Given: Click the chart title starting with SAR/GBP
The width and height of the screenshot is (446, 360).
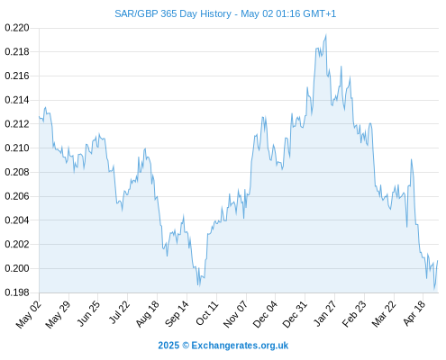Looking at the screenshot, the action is tap(225, 13).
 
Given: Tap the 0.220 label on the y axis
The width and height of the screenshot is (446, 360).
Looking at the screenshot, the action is tap(17, 28).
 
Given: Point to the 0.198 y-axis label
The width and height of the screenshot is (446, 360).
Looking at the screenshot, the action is tap(17, 292).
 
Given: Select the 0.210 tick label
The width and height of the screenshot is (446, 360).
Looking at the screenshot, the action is tap(17, 148).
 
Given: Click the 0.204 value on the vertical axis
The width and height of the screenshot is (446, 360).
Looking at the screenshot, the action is tap(17, 220).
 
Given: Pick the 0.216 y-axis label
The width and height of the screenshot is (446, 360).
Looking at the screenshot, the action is tap(17, 76).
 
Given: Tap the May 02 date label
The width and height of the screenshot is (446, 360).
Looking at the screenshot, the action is tap(29, 314).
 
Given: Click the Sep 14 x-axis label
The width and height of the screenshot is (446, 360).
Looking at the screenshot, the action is tap(177, 313).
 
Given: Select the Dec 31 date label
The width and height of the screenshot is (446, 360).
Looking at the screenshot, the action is tap(296, 314).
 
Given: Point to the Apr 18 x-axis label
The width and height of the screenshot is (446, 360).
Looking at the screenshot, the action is tap(414, 313).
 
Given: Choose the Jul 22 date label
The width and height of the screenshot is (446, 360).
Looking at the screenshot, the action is tap(119, 312).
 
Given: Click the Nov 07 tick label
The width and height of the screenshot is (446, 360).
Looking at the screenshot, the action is tap(236, 314).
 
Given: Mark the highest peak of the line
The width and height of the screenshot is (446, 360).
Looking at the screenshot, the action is tap(326, 35).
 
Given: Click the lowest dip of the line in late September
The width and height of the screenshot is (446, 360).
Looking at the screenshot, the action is tap(199, 286).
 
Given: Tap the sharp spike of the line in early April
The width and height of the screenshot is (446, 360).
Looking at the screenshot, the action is tap(411, 159).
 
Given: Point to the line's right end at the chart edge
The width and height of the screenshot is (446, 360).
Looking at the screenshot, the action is tap(438, 260).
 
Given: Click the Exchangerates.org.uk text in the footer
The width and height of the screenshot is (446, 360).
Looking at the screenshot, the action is tap(240, 346).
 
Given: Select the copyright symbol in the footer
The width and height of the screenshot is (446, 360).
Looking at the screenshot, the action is tap(186, 346).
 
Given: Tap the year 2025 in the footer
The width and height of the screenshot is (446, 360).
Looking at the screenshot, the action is tap(168, 346).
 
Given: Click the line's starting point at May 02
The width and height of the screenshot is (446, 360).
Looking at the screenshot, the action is tap(39, 117).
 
